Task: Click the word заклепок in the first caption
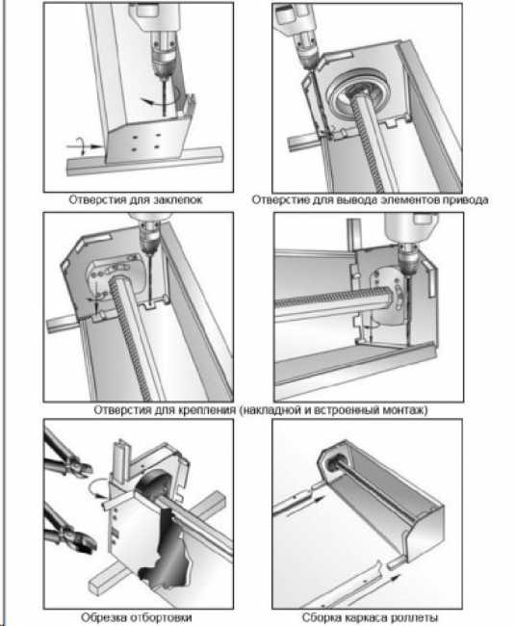click(178, 199)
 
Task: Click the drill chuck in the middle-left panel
click(149, 240)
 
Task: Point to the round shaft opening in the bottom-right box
click(334, 463)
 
